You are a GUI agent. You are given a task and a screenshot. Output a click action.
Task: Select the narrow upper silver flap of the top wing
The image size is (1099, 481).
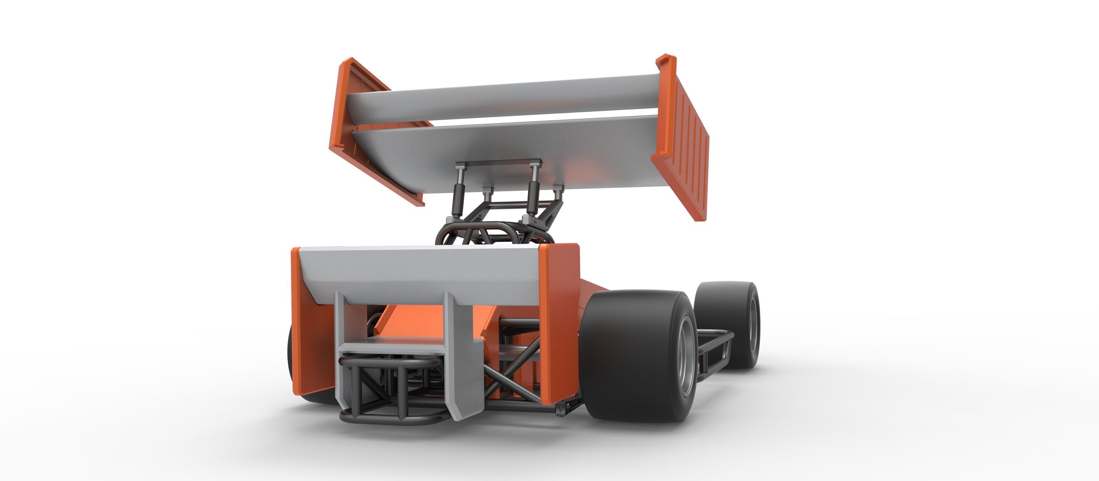click(x=503, y=98)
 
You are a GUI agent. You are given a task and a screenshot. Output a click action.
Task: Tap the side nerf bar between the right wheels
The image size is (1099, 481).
click(x=717, y=339)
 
